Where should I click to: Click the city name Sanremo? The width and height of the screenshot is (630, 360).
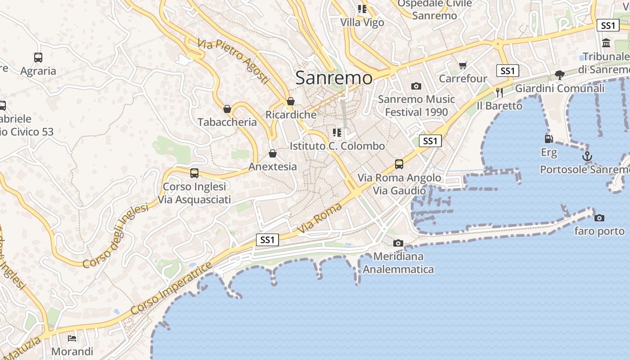[334, 78]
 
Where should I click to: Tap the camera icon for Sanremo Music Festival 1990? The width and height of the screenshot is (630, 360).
[416, 86]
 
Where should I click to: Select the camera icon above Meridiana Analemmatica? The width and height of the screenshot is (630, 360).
[398, 243]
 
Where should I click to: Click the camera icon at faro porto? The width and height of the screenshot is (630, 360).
[599, 218]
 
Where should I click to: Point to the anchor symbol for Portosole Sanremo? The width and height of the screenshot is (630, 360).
[587, 157]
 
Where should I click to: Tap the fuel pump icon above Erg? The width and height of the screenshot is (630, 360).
[549, 139]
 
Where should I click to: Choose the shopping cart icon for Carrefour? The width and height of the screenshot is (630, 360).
[463, 66]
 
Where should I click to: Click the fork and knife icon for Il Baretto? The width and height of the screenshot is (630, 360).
[499, 93]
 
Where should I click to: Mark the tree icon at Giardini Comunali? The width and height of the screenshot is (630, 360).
[559, 75]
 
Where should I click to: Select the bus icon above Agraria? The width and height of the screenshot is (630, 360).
[38, 58]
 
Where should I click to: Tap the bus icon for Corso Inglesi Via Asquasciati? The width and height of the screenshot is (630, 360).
[194, 173]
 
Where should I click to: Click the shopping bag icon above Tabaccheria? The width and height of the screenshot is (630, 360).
[227, 109]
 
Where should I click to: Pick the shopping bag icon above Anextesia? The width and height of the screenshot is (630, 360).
[272, 153]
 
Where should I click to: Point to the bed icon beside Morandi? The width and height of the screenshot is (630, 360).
[72, 338]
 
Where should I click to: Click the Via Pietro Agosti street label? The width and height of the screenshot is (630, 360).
[233, 61]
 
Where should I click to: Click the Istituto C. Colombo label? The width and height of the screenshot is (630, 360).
[337, 146]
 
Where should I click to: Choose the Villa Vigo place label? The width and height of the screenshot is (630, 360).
[362, 22]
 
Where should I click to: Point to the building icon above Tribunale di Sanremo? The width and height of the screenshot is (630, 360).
[606, 44]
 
